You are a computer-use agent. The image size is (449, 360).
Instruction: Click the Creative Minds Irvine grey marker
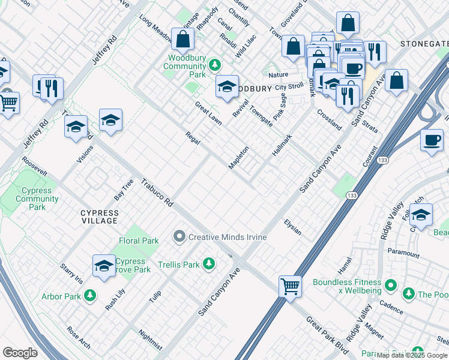pos(179,237)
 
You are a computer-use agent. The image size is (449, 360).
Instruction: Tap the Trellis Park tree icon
pos(208,264)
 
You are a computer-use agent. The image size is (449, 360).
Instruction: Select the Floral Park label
pos(139,241)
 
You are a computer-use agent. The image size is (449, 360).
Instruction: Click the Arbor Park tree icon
pos(89,295)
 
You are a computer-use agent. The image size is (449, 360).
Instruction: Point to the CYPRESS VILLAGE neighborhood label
pos(100,217)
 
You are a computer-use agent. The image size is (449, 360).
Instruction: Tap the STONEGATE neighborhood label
pos(424,44)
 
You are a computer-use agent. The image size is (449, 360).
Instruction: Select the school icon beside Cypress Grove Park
pos(104,265)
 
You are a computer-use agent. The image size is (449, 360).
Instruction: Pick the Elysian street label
pos(293,226)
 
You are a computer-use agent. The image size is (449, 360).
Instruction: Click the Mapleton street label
pos(239,157)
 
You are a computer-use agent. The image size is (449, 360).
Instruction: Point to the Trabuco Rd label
pos(157,193)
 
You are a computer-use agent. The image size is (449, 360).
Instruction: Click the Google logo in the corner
pos(20,353)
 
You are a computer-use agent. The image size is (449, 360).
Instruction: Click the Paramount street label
pos(403,253)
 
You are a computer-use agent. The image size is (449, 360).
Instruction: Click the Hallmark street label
pos(282,145)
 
